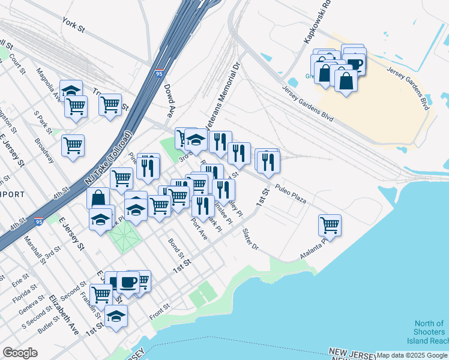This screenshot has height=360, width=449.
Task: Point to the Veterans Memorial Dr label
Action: pyautogui.click(x=223, y=95)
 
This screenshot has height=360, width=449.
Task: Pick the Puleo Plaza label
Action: pyautogui.click(x=291, y=193)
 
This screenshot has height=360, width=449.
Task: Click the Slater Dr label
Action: pyautogui.click(x=250, y=239)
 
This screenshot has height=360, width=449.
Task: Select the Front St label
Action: pyautogui.click(x=160, y=308)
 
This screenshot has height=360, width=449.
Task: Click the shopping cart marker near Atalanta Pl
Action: pyautogui.click(x=330, y=225)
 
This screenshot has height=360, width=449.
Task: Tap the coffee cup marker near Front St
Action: pyautogui.click(x=128, y=281)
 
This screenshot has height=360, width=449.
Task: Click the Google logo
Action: pyautogui.click(x=20, y=353)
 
